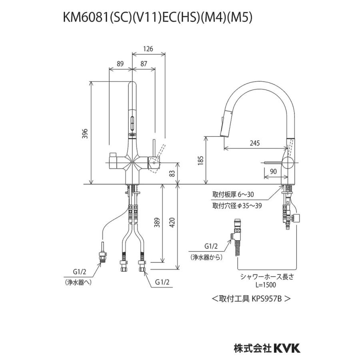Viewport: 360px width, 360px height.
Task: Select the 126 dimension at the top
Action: (x=148, y=49)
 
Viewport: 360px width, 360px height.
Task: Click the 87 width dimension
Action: (x=144, y=64)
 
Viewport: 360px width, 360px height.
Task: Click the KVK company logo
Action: (x=286, y=348)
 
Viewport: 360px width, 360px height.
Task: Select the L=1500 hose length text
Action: (x=267, y=284)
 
